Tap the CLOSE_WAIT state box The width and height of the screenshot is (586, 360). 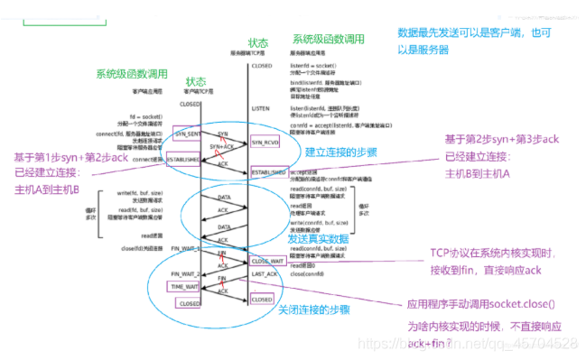pyautogui.click(x=268, y=261)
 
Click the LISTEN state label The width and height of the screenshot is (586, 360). pyautogui.click(x=261, y=107)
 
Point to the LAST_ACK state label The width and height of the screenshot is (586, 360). pyautogui.click(x=265, y=273)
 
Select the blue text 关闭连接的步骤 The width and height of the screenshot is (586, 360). pyautogui.click(x=317, y=309)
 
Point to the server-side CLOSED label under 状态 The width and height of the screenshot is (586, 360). pyautogui.click(x=262, y=66)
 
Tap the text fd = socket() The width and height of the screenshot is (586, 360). pyautogui.click(x=144, y=116)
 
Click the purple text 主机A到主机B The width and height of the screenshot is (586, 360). pyautogui.click(x=47, y=189)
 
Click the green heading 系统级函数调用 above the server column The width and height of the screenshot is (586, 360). pyautogui.click(x=328, y=40)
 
